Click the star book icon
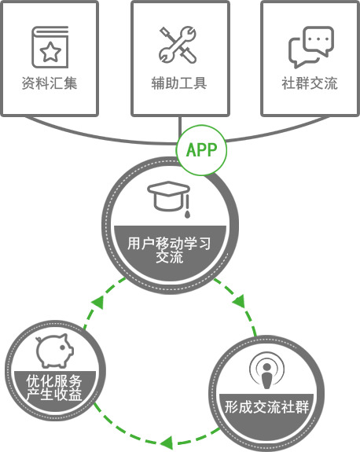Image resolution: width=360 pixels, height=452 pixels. (x=50, y=47)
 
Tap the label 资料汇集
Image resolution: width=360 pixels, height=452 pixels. (x=50, y=83)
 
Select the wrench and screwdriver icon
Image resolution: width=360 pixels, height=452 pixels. (x=178, y=45)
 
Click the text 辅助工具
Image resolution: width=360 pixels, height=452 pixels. (x=179, y=83)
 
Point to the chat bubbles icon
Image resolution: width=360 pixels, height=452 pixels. (x=311, y=47)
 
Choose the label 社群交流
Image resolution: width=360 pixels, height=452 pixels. (x=310, y=83)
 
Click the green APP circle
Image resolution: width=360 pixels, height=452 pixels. (x=201, y=150)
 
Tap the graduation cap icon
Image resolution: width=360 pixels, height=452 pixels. (x=169, y=199)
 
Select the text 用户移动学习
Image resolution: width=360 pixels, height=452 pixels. (x=169, y=244)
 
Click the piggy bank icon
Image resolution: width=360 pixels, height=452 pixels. (x=54, y=351)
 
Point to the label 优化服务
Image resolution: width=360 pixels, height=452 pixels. (x=54, y=381)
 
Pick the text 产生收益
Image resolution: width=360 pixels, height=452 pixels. (x=54, y=394)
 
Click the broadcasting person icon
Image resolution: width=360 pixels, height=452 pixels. (x=267, y=370)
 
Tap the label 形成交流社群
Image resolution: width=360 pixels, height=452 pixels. (x=267, y=407)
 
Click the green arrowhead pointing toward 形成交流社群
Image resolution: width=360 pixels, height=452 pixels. (x=239, y=300)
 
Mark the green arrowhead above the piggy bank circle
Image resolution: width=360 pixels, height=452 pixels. (x=97, y=303)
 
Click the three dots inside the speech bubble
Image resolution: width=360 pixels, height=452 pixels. (x=318, y=39)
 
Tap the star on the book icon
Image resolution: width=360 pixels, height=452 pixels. (x=50, y=52)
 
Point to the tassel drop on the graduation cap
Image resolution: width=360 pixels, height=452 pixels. (x=187, y=214)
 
